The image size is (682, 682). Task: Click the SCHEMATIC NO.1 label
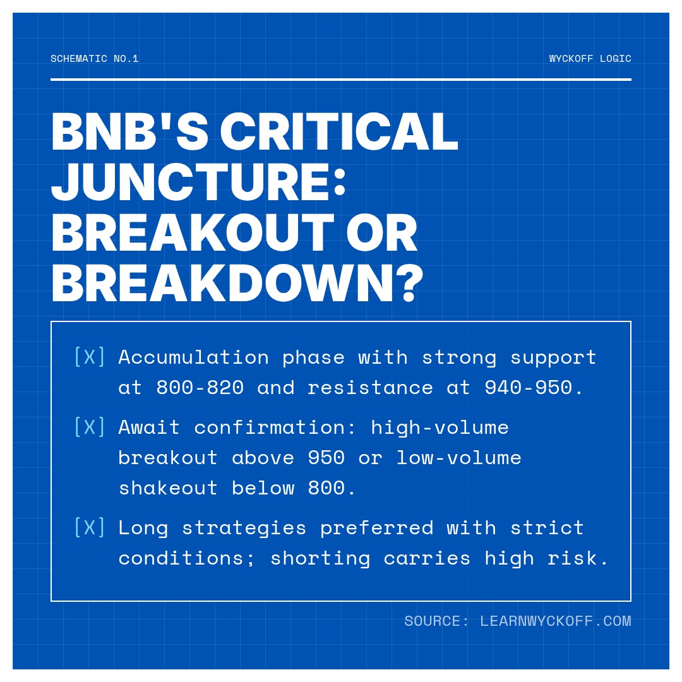tap(94, 59)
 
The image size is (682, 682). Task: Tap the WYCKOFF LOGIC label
tap(590, 59)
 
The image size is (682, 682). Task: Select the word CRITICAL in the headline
tap(339, 131)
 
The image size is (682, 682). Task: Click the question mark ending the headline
tap(410, 283)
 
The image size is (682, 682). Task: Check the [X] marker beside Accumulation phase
tap(90, 357)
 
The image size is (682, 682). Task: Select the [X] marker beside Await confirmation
tap(90, 427)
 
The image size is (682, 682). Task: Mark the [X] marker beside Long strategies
tap(90, 527)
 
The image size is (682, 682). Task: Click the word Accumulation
tap(194, 357)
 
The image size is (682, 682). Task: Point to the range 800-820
tap(200, 388)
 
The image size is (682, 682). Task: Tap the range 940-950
tap(528, 388)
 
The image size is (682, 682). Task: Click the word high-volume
tap(440, 428)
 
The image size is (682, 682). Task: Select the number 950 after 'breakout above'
tap(326, 458)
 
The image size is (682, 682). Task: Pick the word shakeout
tap(168, 488)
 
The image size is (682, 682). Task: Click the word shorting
tap(320, 559)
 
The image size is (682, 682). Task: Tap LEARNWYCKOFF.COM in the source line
tap(556, 621)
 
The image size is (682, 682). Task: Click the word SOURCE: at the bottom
tap(436, 621)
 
